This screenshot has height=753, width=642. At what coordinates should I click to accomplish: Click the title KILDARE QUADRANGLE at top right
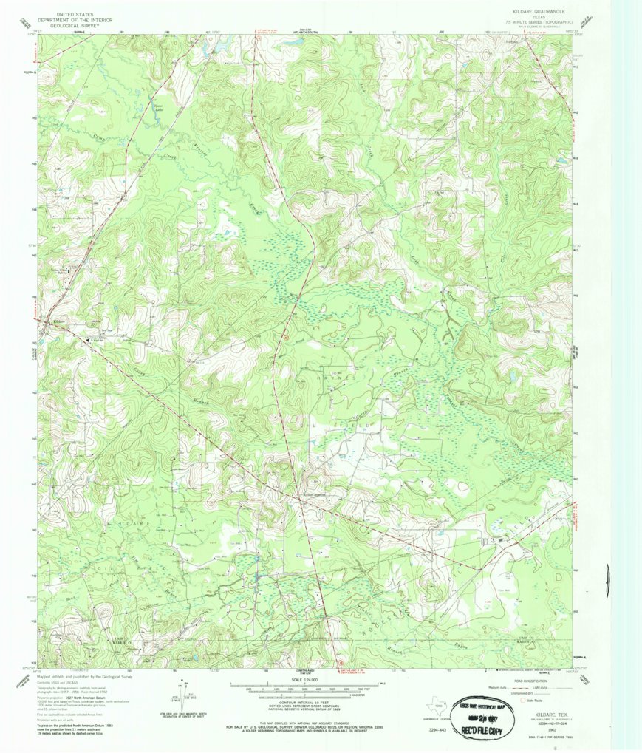click(x=537, y=13)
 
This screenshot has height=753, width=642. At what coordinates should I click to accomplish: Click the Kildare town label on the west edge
click(x=60, y=323)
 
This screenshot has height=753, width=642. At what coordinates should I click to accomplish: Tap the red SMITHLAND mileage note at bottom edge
click(x=347, y=671)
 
